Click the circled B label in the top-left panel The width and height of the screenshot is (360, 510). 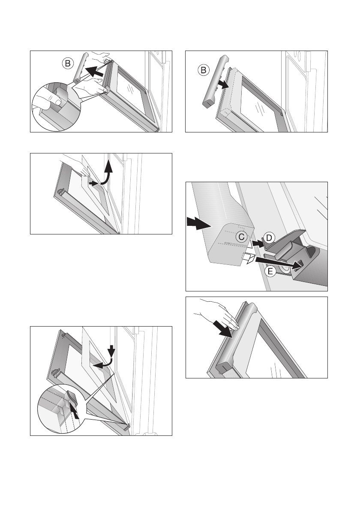point(68,63)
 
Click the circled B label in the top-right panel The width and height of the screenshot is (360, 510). point(204,70)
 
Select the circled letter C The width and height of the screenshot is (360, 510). point(241,237)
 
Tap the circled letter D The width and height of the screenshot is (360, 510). point(269,238)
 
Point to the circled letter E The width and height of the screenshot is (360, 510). point(270,271)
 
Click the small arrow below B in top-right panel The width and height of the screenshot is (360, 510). point(223,85)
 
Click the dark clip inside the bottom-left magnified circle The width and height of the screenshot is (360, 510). point(72,397)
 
